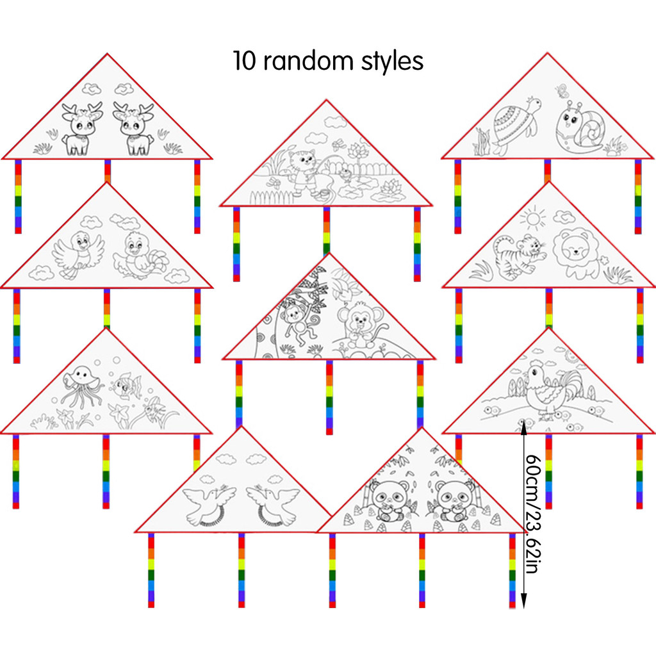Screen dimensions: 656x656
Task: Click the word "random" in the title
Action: pyautogui.click(x=308, y=61)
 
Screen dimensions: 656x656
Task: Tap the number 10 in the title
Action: pyautogui.click(x=243, y=61)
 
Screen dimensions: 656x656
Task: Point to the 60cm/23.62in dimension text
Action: pyautogui.click(x=533, y=514)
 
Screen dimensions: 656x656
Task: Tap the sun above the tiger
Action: pyautogui.click(x=533, y=218)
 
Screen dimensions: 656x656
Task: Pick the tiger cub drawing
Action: pyautogui.click(x=520, y=257)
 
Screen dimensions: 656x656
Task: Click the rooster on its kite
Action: pyautogui.click(x=552, y=388)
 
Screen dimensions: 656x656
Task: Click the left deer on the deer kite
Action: pyautogui.click(x=82, y=129)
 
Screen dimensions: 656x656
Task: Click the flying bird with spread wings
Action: pyautogui.click(x=78, y=255)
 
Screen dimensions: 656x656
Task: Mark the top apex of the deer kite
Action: pyautogui.click(x=107, y=54)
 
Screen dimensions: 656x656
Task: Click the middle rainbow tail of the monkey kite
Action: pyautogui.click(x=329, y=397)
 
